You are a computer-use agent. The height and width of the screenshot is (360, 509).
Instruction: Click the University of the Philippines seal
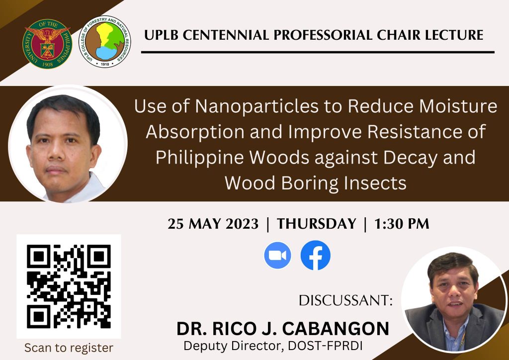[47, 43]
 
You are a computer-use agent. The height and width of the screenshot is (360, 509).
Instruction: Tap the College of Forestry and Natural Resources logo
[105, 42]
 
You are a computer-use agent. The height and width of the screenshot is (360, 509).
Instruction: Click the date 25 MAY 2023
[213, 224]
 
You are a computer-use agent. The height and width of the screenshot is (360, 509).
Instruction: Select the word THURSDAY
[317, 224]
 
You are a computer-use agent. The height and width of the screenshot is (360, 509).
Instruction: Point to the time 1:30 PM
[402, 224]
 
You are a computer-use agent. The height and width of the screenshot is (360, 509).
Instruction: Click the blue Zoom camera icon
[277, 256]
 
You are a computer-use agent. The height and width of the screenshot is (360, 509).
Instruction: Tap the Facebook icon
[316, 255]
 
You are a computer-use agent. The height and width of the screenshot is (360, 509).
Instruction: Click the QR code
[69, 286]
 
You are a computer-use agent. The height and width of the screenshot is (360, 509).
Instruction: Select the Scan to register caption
[69, 348]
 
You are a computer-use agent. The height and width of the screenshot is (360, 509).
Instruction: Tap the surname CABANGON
[336, 328]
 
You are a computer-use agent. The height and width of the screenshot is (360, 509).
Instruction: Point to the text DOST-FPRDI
[325, 346]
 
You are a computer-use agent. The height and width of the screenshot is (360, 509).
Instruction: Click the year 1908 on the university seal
[47, 64]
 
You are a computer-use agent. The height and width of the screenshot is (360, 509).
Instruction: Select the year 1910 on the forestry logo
[105, 64]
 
